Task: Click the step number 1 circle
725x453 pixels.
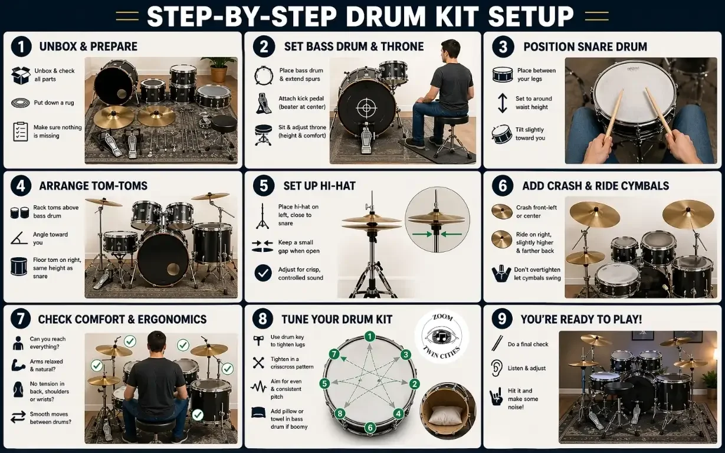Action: pyautogui.click(x=21, y=47)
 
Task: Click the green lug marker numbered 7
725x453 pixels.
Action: pyautogui.click(x=334, y=354)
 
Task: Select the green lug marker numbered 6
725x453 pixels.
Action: pyautogui.click(x=370, y=428)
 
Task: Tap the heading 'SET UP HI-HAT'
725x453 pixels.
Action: pyautogui.click(x=319, y=186)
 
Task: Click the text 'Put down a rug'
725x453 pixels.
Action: pyautogui.click(x=54, y=103)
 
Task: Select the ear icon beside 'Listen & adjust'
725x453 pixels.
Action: pyautogui.click(x=496, y=368)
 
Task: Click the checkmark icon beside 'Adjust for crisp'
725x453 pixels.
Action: pyautogui.click(x=263, y=273)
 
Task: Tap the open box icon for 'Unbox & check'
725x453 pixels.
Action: pyautogui.click(x=20, y=75)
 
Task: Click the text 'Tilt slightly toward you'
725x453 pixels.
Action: pyautogui.click(x=530, y=134)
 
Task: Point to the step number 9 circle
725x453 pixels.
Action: pyautogui.click(x=501, y=319)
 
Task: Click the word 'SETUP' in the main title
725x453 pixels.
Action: pyautogui.click(x=523, y=16)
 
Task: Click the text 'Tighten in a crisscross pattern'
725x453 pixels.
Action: pyautogui.click(x=291, y=363)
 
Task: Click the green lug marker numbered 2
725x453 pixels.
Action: pyautogui.click(x=414, y=384)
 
